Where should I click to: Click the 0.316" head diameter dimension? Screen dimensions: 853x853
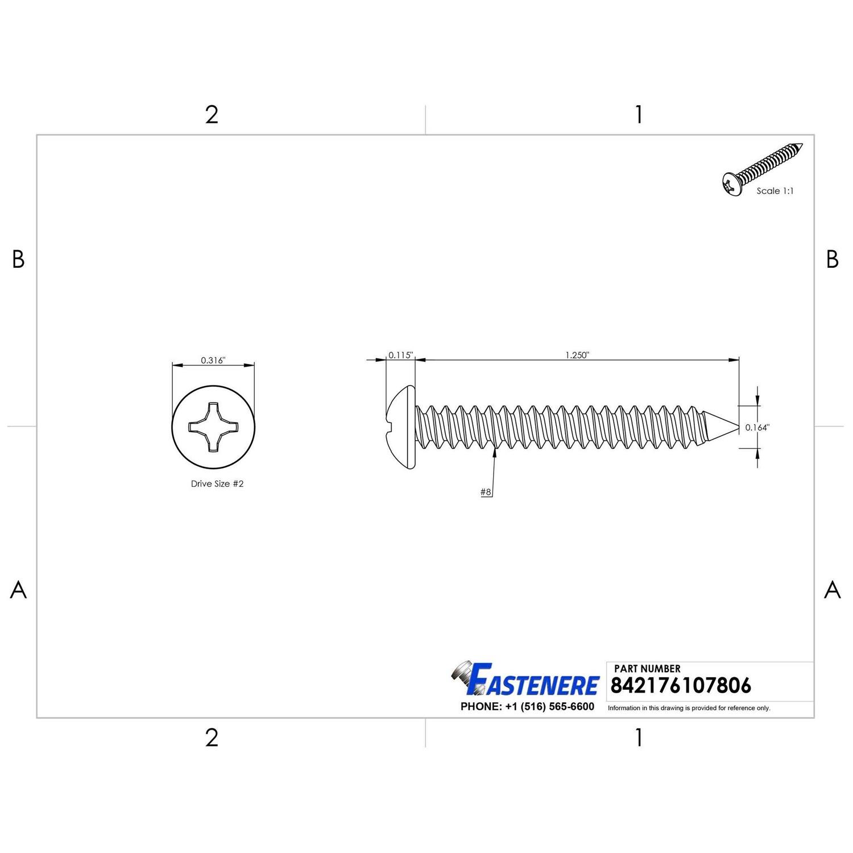[213, 361]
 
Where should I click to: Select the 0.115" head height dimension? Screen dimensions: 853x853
[400, 355]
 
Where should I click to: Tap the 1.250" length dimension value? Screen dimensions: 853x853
[577, 355]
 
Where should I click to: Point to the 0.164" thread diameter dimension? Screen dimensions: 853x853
[757, 428]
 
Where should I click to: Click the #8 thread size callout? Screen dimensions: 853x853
[486, 492]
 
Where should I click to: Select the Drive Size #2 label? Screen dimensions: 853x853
[217, 483]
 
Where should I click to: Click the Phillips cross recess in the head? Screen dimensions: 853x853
[213, 428]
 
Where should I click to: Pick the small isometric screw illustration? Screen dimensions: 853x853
[762, 168]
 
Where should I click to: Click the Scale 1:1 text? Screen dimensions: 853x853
[775, 191]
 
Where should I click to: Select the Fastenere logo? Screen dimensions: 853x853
[526, 680]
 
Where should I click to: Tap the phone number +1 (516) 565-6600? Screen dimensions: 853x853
[527, 706]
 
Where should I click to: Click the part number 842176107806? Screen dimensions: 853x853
[681, 685]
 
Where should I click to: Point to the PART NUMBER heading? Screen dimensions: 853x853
[647, 669]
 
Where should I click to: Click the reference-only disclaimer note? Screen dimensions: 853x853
[689, 708]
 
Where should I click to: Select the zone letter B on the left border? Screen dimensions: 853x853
[18, 259]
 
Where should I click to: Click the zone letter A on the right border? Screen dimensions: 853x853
[832, 590]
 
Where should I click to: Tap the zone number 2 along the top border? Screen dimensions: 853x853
[212, 115]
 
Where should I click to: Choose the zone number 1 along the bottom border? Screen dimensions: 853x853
[639, 738]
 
